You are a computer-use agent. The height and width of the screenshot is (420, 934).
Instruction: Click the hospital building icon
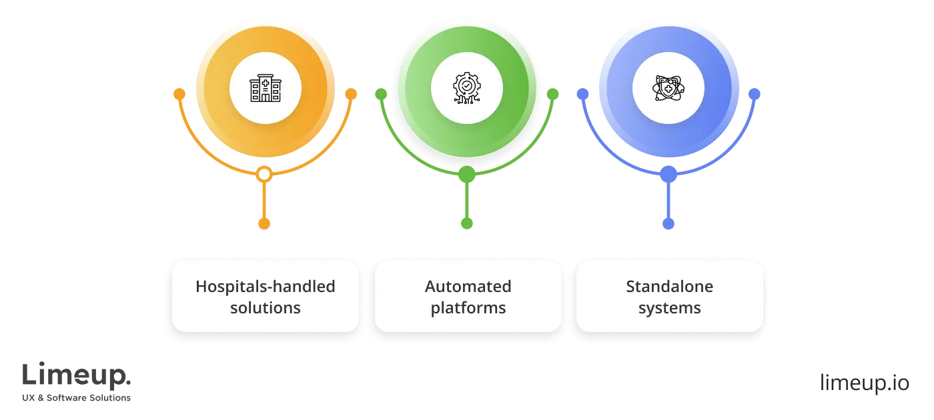pos(265,89)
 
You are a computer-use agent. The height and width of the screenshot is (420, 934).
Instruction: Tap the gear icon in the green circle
pos(466,89)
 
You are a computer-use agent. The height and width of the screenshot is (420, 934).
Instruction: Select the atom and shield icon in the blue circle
pos(668,89)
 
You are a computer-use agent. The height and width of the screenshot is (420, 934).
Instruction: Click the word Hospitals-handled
pos(265,287)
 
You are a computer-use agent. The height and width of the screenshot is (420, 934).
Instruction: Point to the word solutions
pos(265,308)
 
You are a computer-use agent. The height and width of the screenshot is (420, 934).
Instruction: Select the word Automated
pos(468,287)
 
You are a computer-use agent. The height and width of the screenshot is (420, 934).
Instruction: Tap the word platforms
pos(468,308)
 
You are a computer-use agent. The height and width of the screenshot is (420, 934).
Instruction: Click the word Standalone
pos(669,287)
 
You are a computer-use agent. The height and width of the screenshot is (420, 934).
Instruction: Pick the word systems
pos(669,308)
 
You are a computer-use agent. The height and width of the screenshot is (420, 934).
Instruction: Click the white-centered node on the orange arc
pos(264,175)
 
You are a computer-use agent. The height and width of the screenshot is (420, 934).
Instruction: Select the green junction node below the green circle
pos(467,175)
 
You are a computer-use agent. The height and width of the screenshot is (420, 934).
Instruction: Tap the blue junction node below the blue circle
pos(668,175)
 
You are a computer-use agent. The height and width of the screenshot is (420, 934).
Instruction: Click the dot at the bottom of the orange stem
pos(264,223)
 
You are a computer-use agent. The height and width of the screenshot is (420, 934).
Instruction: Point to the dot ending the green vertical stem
pos(467,223)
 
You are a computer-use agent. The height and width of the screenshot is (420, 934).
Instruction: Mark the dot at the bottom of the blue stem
pos(669,223)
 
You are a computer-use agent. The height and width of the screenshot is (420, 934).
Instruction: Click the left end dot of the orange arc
pos(179,94)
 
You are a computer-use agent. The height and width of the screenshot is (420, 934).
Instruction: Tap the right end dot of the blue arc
pos(755,95)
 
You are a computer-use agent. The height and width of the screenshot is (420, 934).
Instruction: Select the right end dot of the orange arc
pos(350,94)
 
